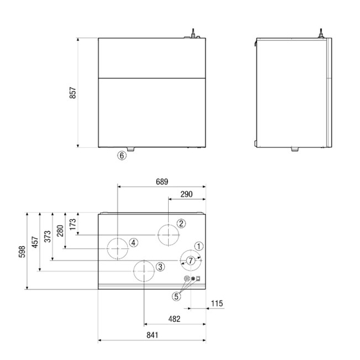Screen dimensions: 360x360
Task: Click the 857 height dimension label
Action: coord(73,93)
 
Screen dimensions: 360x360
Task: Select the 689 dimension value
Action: coord(162,182)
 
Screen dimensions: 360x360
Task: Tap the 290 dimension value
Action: coord(186,194)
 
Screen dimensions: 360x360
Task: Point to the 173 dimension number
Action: coord(73,224)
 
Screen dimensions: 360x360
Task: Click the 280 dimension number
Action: coord(60,231)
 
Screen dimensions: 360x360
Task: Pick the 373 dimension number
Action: coord(47,236)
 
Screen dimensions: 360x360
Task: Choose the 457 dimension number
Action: coord(35,242)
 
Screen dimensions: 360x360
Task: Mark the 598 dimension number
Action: coord(22,251)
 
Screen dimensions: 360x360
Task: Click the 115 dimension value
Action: coord(217,304)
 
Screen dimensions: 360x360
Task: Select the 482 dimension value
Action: coord(174,319)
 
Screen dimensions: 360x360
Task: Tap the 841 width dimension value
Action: coord(152,335)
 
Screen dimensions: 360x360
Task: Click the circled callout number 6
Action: coord(121,156)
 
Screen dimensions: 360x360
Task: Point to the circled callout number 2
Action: coord(181,223)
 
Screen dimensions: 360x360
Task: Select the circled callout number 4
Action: coord(134,242)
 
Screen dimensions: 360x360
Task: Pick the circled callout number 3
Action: coord(160,267)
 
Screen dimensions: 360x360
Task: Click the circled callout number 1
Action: coord(199,246)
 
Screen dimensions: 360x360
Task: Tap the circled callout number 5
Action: coord(176,296)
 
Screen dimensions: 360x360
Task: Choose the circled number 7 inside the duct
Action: coord(191,260)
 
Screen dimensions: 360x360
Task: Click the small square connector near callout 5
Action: coord(198,279)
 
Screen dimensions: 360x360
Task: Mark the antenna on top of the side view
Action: coord(321,33)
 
